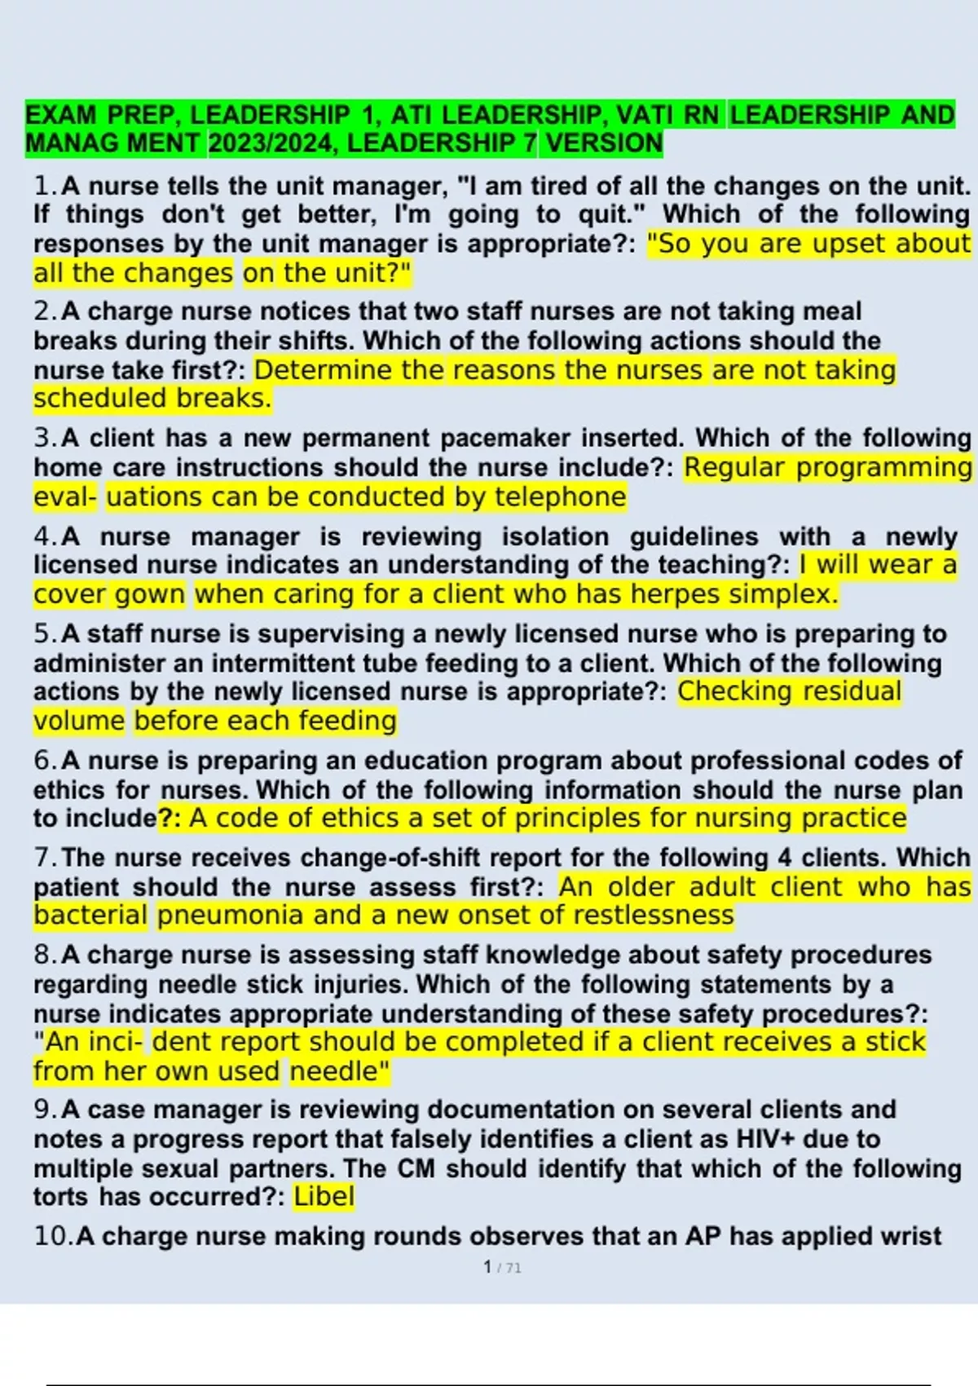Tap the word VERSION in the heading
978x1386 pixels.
pyautogui.click(x=604, y=143)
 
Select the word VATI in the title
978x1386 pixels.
pyautogui.click(x=645, y=115)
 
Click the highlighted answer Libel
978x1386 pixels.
pyautogui.click(x=324, y=1196)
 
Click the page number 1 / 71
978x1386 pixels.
pyautogui.click(x=502, y=1267)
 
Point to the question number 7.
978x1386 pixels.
pyautogui.click(x=45, y=858)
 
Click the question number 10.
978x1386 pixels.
pyautogui.click(x=52, y=1236)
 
